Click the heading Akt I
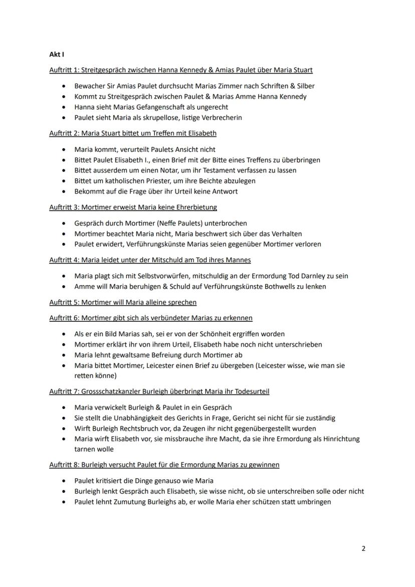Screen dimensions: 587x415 coord(56,54)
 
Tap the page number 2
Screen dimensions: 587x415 coord(363,548)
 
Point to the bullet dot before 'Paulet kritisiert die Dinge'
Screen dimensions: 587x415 coord(64,481)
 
